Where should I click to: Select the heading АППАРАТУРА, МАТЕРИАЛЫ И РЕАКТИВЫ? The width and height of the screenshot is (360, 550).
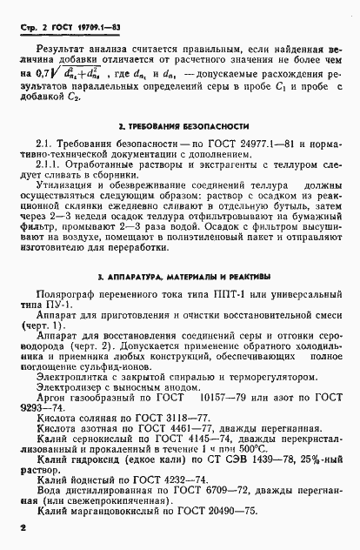pos(184,278)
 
